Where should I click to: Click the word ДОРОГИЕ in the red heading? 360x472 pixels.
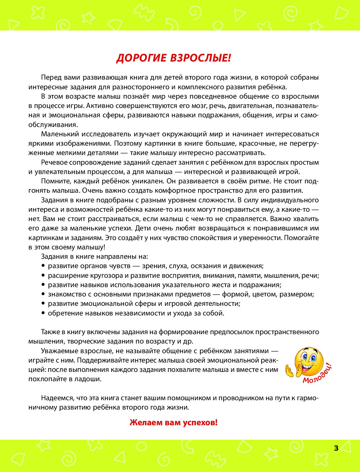coord(142,58)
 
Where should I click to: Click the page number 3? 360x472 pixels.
coord(336,448)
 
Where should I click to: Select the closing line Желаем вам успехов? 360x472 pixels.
coord(174,422)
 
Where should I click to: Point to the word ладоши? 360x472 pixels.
coord(90,379)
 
